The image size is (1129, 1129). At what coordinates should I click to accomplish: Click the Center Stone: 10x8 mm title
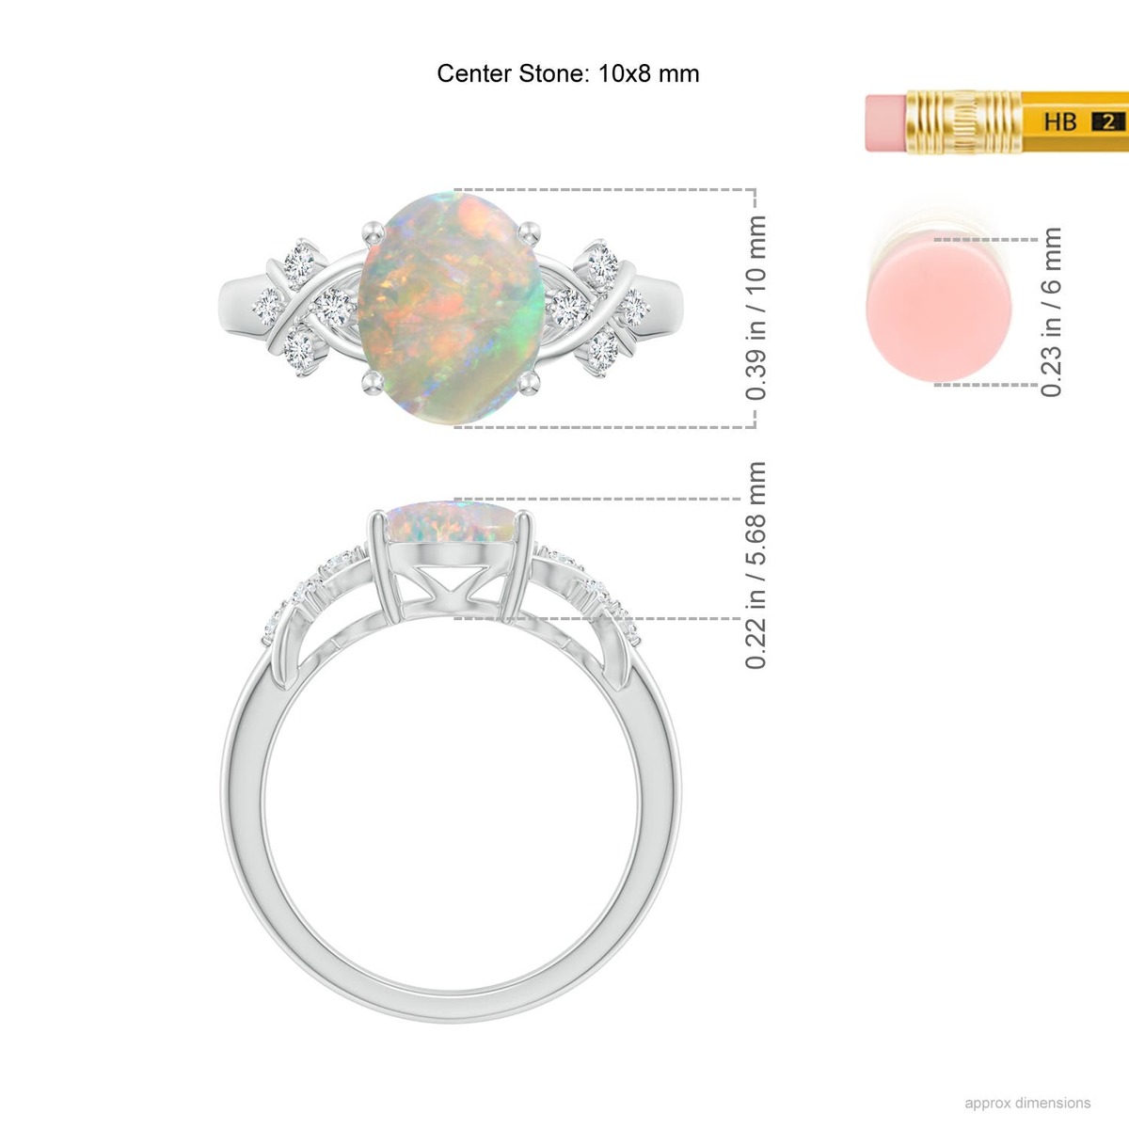tap(567, 73)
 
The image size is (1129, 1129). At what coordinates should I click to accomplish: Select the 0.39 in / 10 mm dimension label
tap(755, 309)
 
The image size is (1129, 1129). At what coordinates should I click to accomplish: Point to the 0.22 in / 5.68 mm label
tap(755, 565)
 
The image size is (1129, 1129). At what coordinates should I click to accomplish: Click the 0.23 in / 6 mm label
tap(1051, 312)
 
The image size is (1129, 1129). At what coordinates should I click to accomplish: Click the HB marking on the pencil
tap(1060, 121)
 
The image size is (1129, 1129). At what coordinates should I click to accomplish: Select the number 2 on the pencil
tap(1108, 122)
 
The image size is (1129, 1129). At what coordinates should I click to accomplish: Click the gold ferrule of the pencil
tap(963, 122)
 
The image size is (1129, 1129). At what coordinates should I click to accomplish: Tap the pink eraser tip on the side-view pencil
tap(886, 122)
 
